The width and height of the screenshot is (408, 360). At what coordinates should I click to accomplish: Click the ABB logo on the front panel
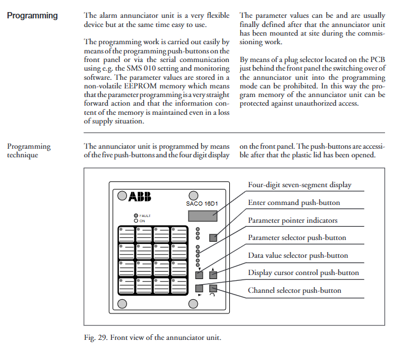coord(140,197)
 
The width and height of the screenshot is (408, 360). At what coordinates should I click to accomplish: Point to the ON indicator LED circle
coord(136,220)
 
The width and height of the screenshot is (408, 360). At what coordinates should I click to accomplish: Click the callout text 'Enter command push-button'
coord(294,203)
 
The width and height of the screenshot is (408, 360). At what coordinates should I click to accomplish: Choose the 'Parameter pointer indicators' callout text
coord(292,220)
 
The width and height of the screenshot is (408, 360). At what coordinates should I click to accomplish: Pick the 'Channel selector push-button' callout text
coord(294,291)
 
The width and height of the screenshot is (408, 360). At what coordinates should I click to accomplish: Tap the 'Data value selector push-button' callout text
coord(298,256)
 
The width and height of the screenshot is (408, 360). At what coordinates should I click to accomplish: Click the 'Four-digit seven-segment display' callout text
coord(299,185)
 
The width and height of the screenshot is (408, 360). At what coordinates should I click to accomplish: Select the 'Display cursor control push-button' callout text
coord(303,273)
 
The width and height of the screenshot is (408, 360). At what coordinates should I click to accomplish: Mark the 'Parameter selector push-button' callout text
coord(297,238)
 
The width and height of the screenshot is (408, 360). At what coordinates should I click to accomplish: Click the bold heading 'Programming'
coord(32,16)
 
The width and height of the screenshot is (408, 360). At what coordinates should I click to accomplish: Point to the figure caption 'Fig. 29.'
coord(97,337)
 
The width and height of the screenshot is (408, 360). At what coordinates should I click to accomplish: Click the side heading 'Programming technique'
coord(29,151)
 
